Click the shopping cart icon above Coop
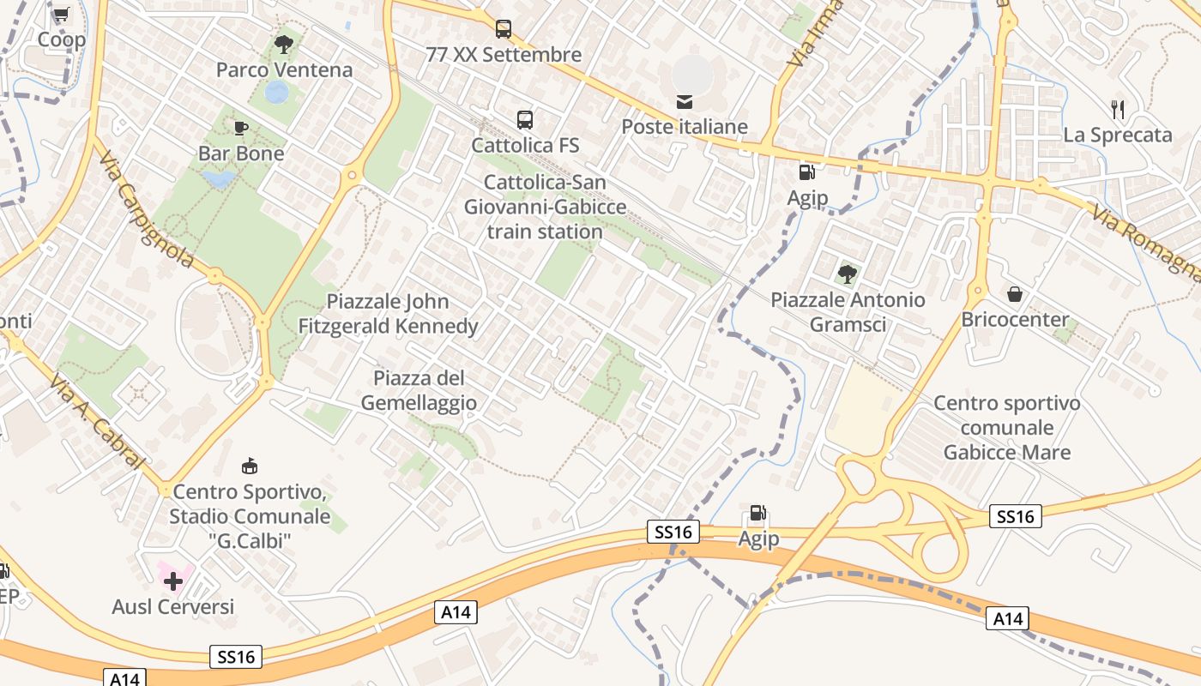tap(61, 15)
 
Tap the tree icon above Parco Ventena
tap(283, 44)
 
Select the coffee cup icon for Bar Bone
tap(241, 129)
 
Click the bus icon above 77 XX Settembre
tap(504, 29)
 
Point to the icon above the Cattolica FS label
tap(525, 120)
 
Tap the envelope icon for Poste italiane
tap(685, 102)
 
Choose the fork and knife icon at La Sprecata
tap(1117, 109)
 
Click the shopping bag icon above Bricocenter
tap(1015, 294)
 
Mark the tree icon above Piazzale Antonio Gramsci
tap(848, 274)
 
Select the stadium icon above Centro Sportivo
tap(250, 466)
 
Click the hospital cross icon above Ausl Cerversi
tap(173, 581)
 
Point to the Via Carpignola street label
tap(145, 211)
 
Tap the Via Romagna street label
tap(1146, 244)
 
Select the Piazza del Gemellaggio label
tap(419, 390)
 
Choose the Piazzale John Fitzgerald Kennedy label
tap(388, 314)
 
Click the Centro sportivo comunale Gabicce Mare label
tap(1007, 427)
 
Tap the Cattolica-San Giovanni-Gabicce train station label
tap(546, 207)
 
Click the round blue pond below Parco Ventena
tap(276, 92)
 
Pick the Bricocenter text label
tap(1016, 320)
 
